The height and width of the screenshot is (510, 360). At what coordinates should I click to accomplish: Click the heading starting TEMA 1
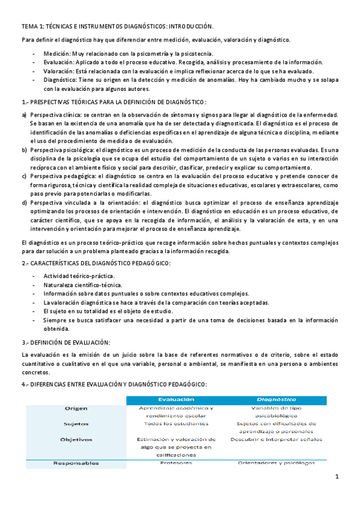click(117, 27)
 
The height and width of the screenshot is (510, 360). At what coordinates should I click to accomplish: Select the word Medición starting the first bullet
click(56, 54)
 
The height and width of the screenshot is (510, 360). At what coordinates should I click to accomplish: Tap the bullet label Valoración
click(58, 71)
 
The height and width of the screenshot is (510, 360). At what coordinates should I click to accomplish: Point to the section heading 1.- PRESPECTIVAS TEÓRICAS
click(114, 102)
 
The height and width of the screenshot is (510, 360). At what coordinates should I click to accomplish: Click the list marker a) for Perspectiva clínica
click(24, 115)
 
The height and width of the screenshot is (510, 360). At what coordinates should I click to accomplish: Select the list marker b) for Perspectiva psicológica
click(24, 149)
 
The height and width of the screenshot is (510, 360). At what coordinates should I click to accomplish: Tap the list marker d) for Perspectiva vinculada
click(24, 203)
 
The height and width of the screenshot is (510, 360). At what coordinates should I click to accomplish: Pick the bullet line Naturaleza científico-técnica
click(82, 285)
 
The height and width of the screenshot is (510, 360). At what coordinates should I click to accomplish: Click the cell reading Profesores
click(176, 463)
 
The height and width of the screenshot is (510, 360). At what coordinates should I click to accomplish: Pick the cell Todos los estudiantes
click(176, 423)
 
